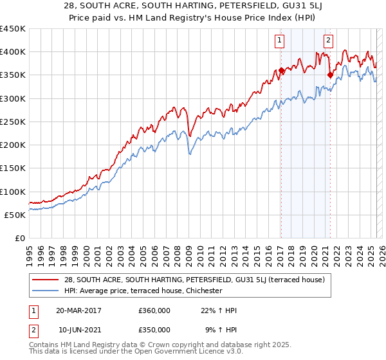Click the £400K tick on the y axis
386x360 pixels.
pos(12,52)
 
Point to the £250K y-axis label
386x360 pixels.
pos(12,122)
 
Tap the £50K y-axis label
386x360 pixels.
pos(15,215)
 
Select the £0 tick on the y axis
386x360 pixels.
pos(20,239)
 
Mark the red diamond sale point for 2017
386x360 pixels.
pos(281,71)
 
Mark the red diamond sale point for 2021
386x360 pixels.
pos(329,75)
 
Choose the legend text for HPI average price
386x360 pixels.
pos(143,291)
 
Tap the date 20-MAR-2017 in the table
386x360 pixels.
pos(78,310)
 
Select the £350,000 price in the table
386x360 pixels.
pos(154,330)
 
